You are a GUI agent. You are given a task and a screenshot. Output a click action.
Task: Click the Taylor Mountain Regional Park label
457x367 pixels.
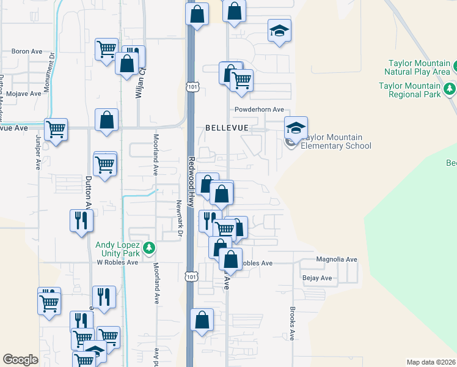coord(409,91)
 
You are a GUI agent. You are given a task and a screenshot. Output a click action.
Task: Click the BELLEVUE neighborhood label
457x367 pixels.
coord(227,128)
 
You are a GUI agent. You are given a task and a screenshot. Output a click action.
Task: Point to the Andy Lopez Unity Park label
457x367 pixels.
coord(118,248)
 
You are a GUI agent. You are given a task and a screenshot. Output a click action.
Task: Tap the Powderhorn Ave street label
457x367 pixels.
coord(260,109)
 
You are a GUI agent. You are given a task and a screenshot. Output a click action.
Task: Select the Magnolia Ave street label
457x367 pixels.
coord(336,259)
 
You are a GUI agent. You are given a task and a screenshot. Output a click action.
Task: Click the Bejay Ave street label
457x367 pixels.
coord(317,278)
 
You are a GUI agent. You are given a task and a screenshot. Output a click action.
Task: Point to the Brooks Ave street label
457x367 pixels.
coord(293,323)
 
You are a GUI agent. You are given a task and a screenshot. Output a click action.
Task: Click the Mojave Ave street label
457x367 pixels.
coord(23,94)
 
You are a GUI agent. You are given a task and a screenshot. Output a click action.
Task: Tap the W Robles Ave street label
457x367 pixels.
coord(117,262)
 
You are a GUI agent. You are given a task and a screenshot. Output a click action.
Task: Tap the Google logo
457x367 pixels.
coord(20,360)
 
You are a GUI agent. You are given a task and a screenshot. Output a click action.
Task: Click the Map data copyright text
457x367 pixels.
coord(430,362)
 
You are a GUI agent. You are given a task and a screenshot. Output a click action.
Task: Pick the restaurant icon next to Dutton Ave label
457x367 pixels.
coord(82,221)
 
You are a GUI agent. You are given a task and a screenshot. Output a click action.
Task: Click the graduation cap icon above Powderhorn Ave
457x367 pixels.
coord(279,31)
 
